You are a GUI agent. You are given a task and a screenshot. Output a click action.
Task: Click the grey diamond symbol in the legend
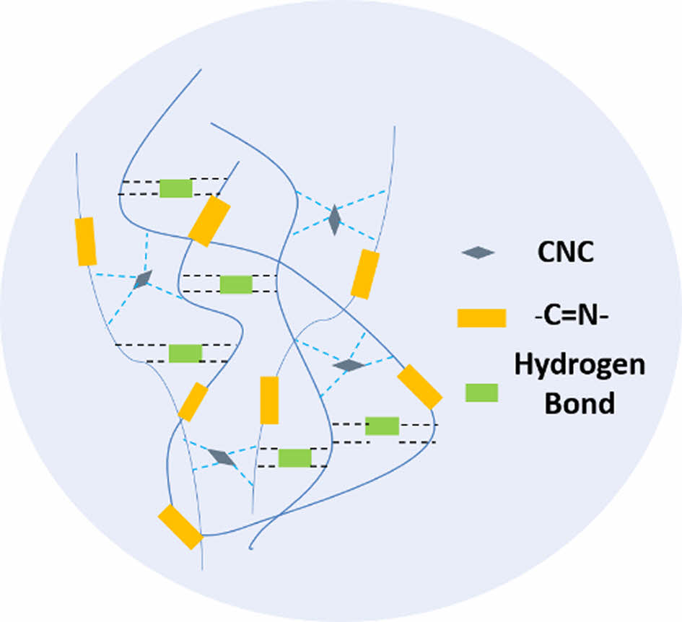tap(478, 253)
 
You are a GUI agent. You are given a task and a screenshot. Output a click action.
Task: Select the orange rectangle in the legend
tap(481, 317)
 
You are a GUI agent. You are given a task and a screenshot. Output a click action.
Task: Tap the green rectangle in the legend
tap(481, 393)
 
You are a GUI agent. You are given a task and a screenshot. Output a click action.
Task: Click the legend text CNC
tap(566, 252)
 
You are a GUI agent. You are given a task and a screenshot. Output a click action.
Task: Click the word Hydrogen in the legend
tap(580, 366)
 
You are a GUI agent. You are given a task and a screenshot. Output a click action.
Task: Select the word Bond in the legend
tap(580, 402)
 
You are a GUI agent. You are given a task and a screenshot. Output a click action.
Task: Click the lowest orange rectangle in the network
tap(180, 526)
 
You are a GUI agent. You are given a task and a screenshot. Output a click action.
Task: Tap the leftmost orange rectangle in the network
tap(86, 241)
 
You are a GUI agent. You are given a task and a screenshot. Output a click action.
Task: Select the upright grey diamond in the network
tap(334, 219)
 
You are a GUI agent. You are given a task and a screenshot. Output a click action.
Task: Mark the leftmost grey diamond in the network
tap(143, 279)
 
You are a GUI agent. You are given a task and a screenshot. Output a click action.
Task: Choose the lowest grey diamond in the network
tap(222, 457)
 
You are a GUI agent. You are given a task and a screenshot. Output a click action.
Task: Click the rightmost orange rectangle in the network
tap(419, 386)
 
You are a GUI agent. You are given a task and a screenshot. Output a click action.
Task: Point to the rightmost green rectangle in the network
tap(382, 426)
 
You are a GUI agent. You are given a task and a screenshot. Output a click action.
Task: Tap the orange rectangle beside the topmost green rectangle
tap(209, 222)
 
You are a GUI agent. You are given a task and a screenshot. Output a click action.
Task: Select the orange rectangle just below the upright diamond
tap(365, 274)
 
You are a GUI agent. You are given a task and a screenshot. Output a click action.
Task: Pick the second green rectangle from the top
tap(236, 284)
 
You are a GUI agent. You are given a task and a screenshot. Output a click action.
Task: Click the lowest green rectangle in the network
tap(294, 457)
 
